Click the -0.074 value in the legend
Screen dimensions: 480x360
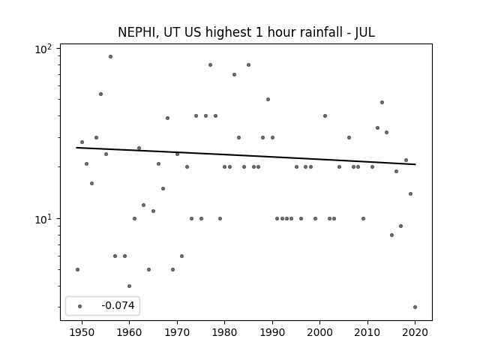(118, 305)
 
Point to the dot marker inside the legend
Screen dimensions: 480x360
(80, 306)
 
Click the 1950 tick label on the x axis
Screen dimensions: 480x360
(82, 332)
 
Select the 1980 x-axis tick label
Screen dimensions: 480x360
(224, 332)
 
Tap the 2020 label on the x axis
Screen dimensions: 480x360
(415, 332)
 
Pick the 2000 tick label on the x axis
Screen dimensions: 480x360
(319, 332)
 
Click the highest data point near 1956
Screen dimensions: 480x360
(110, 57)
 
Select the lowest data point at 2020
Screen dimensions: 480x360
(415, 307)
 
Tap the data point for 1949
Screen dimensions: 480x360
(77, 270)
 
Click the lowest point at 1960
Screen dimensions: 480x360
(130, 286)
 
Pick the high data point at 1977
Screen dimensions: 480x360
(210, 65)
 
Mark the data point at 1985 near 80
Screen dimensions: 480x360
(248, 65)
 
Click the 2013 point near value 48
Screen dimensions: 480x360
(382, 103)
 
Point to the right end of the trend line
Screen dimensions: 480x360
(415, 164)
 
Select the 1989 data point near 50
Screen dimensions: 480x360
(268, 100)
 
